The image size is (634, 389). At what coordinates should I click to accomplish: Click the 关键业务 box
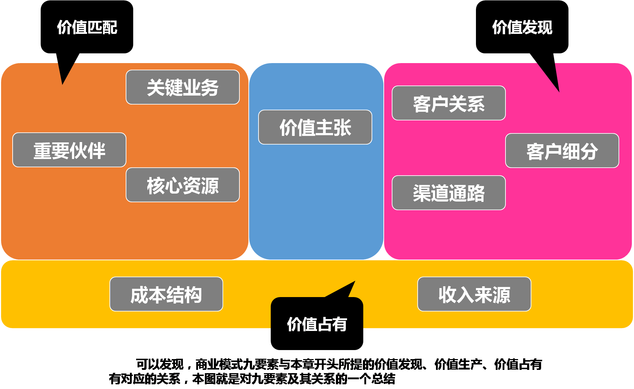183,87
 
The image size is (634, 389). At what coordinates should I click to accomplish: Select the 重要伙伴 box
69,150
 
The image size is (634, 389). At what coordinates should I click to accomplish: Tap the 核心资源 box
183,185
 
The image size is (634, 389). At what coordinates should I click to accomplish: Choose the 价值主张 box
315,127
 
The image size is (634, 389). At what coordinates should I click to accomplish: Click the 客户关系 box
449,103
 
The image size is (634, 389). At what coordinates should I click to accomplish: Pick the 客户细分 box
562,151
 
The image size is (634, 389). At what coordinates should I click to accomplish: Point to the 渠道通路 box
449,193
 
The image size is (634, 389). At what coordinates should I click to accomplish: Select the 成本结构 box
166,294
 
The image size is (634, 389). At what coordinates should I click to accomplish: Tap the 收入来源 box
474,294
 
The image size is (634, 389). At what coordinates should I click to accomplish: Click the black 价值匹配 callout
87,27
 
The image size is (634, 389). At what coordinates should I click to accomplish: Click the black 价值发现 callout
522,27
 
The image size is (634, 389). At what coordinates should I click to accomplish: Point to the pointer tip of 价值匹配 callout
63,84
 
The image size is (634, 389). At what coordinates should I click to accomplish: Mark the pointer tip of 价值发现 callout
559,91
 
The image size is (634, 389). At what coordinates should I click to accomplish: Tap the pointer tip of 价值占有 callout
355,282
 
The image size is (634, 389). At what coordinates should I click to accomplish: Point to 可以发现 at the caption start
160,364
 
